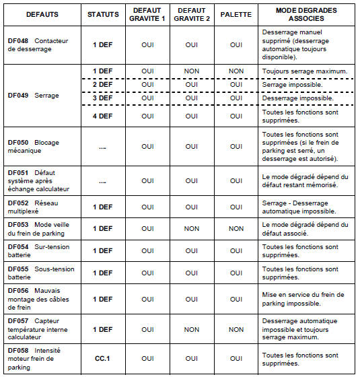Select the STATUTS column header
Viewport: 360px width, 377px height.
click(103, 13)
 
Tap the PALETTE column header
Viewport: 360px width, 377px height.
click(236, 13)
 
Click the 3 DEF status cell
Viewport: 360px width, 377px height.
click(103, 98)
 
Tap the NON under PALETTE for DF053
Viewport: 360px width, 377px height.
click(236, 229)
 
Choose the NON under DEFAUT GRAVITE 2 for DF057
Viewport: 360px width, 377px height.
click(191, 330)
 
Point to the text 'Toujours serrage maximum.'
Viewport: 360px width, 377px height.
click(304, 71)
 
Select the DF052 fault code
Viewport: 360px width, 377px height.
click(18, 202)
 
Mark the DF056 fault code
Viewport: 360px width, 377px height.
click(18, 290)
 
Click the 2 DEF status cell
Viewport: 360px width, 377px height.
click(103, 85)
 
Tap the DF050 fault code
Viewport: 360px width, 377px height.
click(18, 142)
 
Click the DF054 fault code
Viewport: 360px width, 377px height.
click(18, 246)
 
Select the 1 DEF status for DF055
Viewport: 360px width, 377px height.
click(103, 273)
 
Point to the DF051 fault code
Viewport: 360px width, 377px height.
click(18, 172)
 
